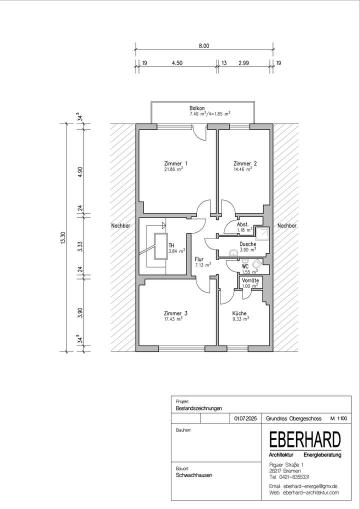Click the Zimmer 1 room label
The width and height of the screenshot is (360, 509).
point(175,163)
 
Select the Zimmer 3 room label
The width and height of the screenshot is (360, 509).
point(175,313)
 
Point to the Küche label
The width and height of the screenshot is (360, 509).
point(239,313)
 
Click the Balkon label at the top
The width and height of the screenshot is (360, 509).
point(196,108)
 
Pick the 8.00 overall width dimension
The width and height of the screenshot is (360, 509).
point(203,45)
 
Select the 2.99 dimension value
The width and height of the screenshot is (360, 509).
point(243,63)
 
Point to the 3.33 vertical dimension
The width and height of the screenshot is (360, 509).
point(80,247)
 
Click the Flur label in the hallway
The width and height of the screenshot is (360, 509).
point(199,259)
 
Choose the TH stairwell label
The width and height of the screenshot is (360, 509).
point(171,245)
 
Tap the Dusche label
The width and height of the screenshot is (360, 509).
point(247,244)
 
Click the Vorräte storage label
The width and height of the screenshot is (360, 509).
point(250,281)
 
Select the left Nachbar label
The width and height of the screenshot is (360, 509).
point(120,226)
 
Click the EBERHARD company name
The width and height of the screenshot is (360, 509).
point(305,440)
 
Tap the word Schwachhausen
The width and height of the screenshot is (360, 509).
point(194,475)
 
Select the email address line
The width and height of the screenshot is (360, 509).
point(303,486)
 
